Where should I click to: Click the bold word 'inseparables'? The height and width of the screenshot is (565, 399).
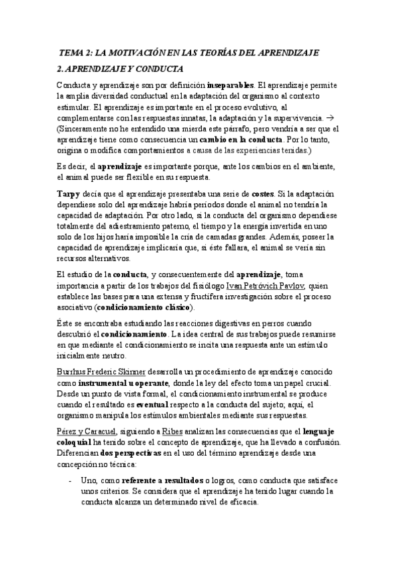pyautogui.click(x=230, y=85)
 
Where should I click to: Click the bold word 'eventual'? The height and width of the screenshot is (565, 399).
pyautogui.click(x=155, y=404)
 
